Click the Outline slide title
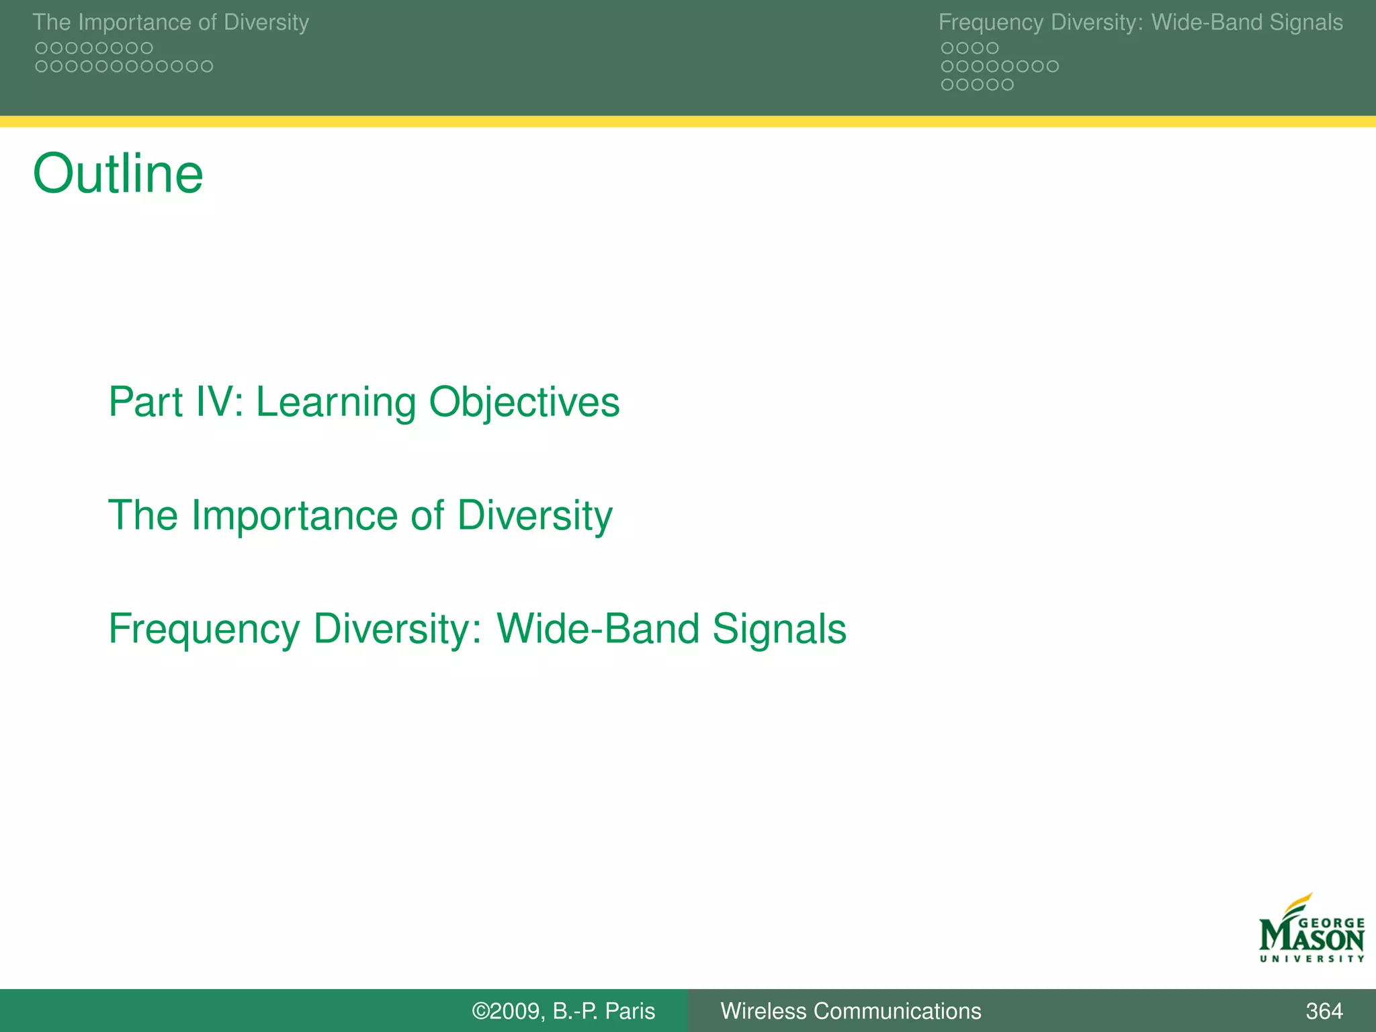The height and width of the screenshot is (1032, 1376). pyautogui.click(x=118, y=174)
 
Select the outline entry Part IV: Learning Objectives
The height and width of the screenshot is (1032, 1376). pyautogui.click(x=363, y=402)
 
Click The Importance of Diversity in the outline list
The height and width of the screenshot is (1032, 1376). pyautogui.click(x=360, y=515)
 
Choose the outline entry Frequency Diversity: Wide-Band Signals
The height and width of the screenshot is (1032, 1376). pyautogui.click(x=477, y=629)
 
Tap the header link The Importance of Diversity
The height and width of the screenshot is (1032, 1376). pyautogui.click(x=171, y=22)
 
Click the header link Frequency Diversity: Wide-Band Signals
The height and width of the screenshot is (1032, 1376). pyautogui.click(x=1140, y=22)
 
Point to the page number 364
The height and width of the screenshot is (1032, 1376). pyautogui.click(x=1324, y=1010)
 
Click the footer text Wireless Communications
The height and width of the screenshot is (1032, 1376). pyautogui.click(x=851, y=1010)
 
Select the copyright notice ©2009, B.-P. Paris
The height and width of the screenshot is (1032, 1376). pyautogui.click(x=563, y=1010)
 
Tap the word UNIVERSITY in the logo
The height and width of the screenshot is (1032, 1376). pyautogui.click(x=1311, y=959)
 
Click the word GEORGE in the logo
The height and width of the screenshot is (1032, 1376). pyautogui.click(x=1332, y=923)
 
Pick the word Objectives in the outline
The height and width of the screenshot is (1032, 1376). pyautogui.click(x=524, y=402)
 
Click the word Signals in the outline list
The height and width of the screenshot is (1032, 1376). pyautogui.click(x=779, y=629)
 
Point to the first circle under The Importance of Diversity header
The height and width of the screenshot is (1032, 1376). pyautogui.click(x=41, y=48)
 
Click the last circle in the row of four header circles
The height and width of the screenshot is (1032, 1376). pyautogui.click(x=992, y=48)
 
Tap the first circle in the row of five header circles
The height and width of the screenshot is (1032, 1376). pyautogui.click(x=947, y=85)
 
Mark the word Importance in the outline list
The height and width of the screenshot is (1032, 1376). pyautogui.click(x=294, y=515)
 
